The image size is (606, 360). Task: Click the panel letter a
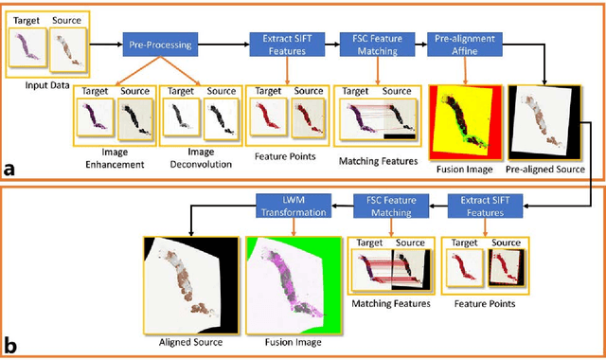(x=9, y=171)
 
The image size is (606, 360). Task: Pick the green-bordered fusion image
(x=289, y=283)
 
